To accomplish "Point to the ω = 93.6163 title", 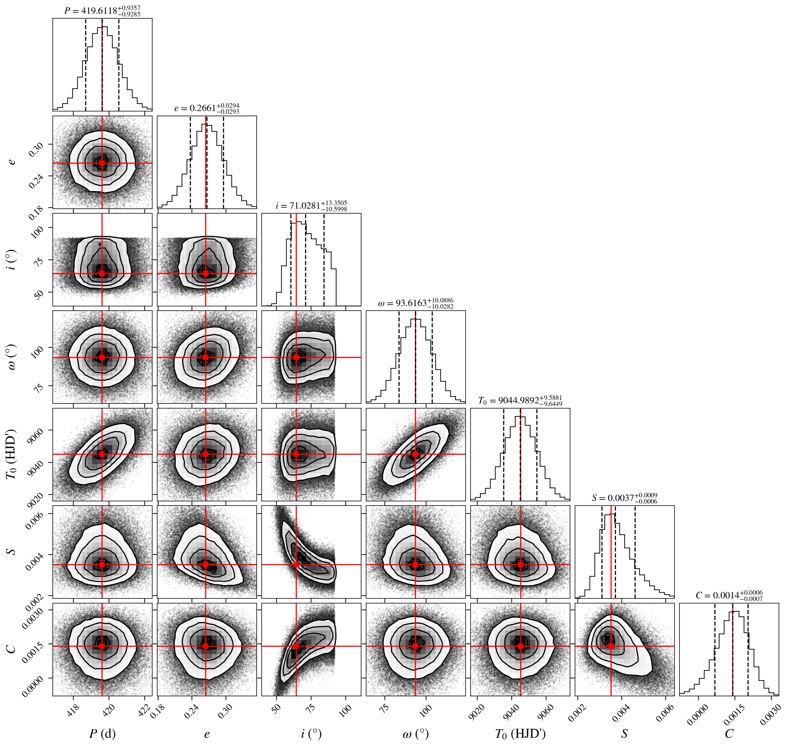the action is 415,303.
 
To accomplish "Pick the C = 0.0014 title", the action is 729,596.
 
